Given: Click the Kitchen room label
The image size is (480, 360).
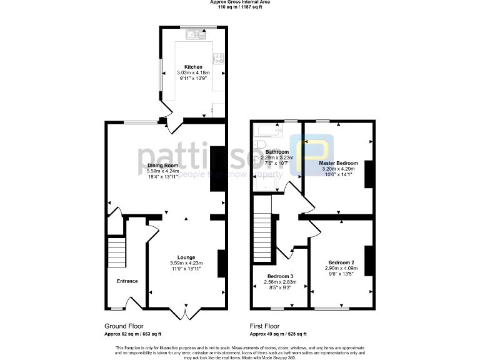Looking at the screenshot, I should pos(192,67).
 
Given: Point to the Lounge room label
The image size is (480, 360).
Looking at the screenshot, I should pos(186,257).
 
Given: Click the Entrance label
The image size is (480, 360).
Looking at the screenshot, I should pos(127,281).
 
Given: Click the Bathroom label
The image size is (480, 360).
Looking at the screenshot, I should pos(277,152).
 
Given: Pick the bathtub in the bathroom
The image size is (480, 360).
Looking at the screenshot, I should pos(268,131).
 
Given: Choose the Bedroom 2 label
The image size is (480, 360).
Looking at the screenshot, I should pos(339,262).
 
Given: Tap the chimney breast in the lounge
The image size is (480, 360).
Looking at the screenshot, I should pos(221,263).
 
